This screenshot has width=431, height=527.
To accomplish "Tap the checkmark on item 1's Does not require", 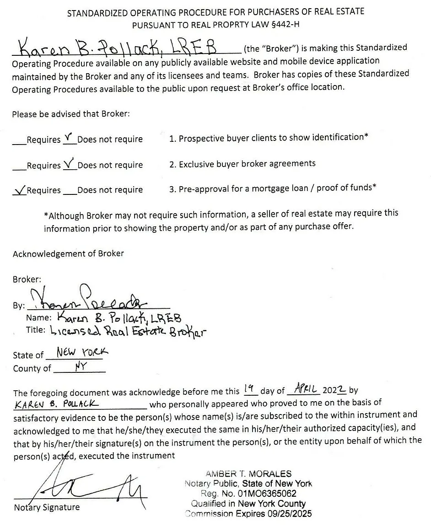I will (68, 136).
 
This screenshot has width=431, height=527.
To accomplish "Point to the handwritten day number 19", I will (249, 389).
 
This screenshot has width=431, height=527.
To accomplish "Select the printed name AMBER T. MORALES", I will (248, 474).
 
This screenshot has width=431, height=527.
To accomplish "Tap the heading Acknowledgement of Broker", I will (68, 253).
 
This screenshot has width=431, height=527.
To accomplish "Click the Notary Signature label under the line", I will (47, 507).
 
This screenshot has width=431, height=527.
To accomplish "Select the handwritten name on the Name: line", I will (119, 317).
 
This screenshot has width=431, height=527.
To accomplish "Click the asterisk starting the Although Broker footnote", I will (46, 214).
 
